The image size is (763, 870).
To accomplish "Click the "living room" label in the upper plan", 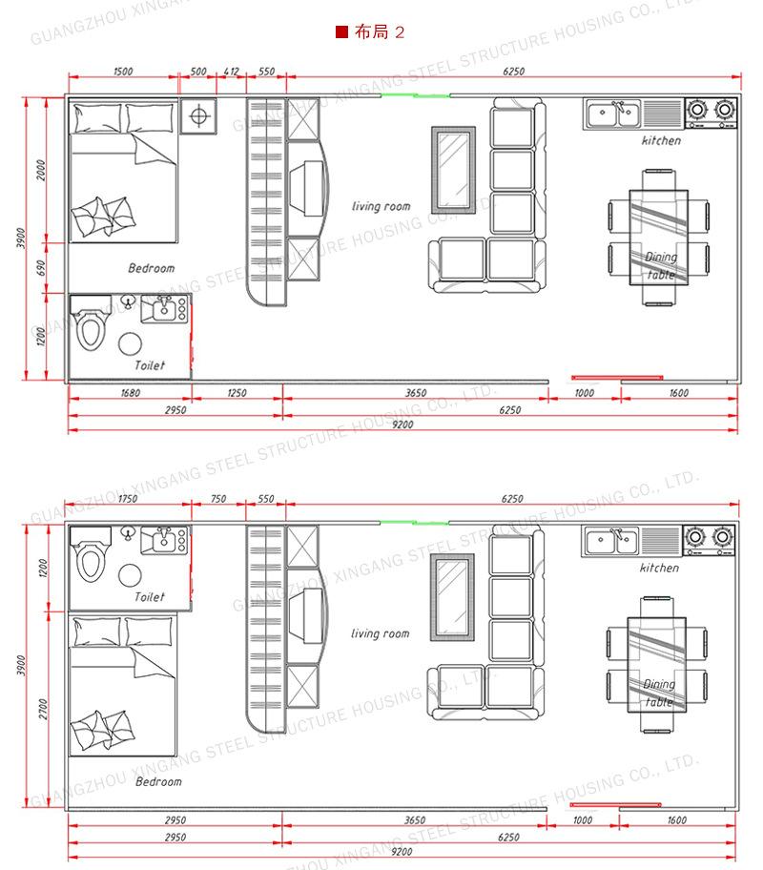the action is pyautogui.click(x=381, y=206).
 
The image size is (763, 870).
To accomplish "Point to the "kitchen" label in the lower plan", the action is pyautogui.click(x=659, y=568).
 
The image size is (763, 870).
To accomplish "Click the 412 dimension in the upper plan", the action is pyautogui.click(x=232, y=72).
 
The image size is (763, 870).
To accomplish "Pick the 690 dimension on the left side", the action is pyautogui.click(x=40, y=267).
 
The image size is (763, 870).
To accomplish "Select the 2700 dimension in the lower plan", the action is pyautogui.click(x=43, y=709).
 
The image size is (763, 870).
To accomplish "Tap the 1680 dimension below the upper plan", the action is pyautogui.click(x=131, y=393).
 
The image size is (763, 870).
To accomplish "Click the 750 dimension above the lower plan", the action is pyautogui.click(x=218, y=499).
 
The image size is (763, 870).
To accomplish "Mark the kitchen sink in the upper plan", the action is pyautogui.click(x=613, y=114).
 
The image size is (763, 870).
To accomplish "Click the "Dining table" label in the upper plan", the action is pyautogui.click(x=661, y=265).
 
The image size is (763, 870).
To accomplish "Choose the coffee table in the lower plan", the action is pyautogui.click(x=453, y=596).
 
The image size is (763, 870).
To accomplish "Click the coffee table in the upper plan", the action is pyautogui.click(x=454, y=170).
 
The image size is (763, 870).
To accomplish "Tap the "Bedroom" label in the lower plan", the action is pyautogui.click(x=158, y=781).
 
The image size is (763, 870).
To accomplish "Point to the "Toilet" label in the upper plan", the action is pyautogui.click(x=150, y=365).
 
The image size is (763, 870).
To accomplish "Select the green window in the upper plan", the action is pyautogui.click(x=415, y=95).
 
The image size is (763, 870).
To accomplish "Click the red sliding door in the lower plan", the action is pyautogui.click(x=616, y=804).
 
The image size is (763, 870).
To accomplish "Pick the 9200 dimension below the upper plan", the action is pyautogui.click(x=402, y=425).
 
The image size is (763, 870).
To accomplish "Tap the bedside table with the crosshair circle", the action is pyautogui.click(x=198, y=116).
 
